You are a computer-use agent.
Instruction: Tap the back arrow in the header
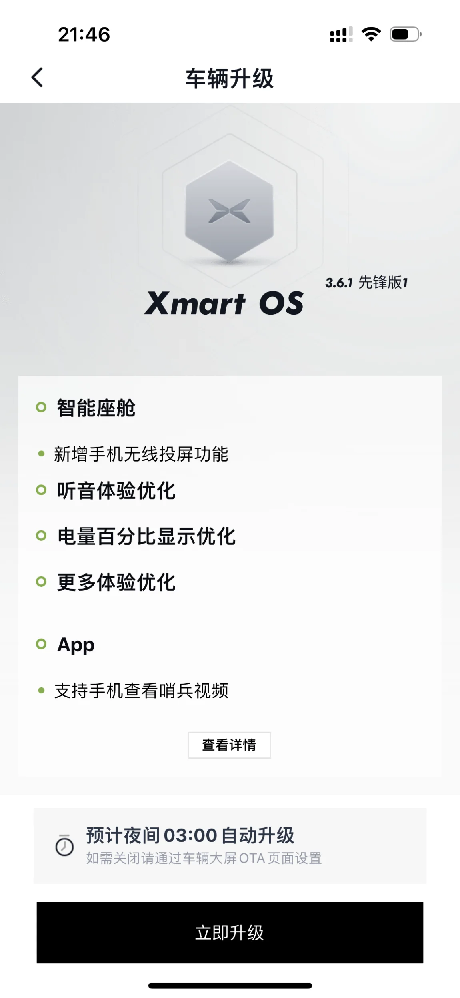pos(37,77)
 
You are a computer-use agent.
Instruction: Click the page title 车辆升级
pos(230,78)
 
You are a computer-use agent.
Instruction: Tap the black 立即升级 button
pos(230,932)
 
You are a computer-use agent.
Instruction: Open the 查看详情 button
pos(229,745)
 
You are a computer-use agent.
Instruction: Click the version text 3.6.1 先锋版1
pos(366,282)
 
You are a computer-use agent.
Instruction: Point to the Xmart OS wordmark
pos(224,303)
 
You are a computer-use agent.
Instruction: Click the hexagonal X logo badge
pos(229,211)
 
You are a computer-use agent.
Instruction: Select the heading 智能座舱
pos(96,408)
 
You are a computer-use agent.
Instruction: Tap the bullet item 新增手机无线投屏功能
pos(141,454)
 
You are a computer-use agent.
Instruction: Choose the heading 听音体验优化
pos(116,490)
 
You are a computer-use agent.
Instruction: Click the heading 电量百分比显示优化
pos(146,536)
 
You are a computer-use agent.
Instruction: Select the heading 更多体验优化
pos(116,582)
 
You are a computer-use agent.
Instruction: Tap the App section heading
pos(76,645)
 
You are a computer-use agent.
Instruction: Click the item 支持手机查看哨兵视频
pos(141,691)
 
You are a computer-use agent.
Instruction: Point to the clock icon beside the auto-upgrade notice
pos(64,845)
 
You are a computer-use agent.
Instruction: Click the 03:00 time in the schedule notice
pos(190,836)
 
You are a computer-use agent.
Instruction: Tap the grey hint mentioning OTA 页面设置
pos(204,858)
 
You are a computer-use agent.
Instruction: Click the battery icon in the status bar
pos(406,34)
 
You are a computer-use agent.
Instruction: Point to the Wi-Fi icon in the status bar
pos(371,34)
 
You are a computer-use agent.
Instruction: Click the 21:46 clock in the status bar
pos(84,34)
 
